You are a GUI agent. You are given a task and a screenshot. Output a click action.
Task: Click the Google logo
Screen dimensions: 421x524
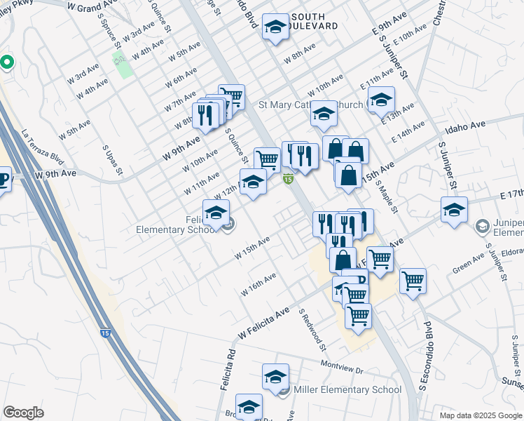pyautogui.click(x=23, y=413)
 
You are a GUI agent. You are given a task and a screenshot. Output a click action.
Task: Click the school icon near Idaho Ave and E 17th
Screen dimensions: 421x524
pyautogui.click(x=453, y=210)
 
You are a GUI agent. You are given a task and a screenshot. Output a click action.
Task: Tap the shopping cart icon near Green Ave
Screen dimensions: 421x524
pyautogui.click(x=413, y=281)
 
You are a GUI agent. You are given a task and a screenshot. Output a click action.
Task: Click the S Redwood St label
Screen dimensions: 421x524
pyautogui.click(x=313, y=329)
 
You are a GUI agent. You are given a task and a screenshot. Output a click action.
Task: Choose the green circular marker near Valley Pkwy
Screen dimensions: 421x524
pyautogui.click(x=7, y=62)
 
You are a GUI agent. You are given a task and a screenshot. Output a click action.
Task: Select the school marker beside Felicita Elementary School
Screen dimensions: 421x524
pyautogui.click(x=216, y=213)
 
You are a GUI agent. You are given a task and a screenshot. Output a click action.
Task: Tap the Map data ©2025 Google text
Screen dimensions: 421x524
pyautogui.click(x=481, y=415)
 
